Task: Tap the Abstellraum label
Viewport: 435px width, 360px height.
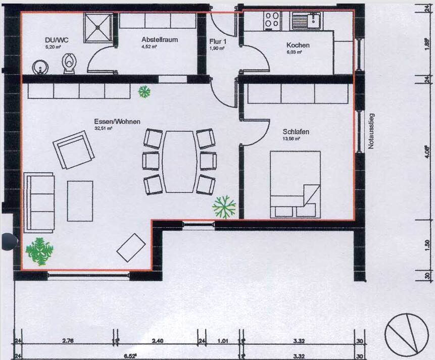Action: [x=160, y=39]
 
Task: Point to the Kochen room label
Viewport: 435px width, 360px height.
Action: [x=298, y=45]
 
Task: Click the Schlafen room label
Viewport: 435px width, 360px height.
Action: [x=296, y=132]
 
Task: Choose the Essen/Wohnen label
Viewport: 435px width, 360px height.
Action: [x=117, y=122]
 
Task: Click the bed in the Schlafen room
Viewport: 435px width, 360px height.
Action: [x=295, y=184]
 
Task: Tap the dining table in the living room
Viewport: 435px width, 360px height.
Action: [x=179, y=162]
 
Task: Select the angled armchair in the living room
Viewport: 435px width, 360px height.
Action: [x=74, y=149]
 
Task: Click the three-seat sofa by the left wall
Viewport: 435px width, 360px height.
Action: [x=38, y=201]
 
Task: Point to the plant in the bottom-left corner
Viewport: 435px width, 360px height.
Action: [x=39, y=251]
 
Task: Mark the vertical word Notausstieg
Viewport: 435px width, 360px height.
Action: [x=371, y=132]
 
